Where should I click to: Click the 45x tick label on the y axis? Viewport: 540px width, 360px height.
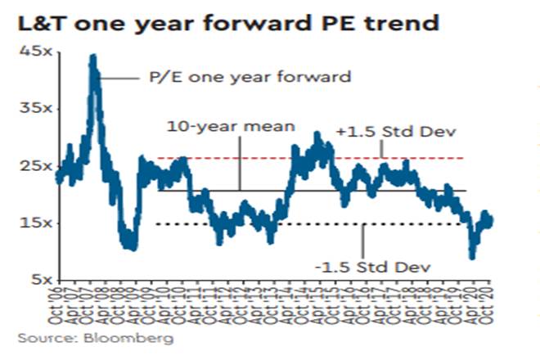[34, 52]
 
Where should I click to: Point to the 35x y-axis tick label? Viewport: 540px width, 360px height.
[34, 108]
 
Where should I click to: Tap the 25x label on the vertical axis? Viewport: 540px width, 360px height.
[34, 166]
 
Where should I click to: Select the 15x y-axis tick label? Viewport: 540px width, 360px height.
[34, 223]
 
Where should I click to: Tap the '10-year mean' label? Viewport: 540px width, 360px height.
[208, 128]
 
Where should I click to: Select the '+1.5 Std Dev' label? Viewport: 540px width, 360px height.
[383, 131]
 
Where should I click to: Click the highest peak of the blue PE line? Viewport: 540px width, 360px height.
[92, 57]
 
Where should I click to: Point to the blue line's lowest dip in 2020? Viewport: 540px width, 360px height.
[471, 256]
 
